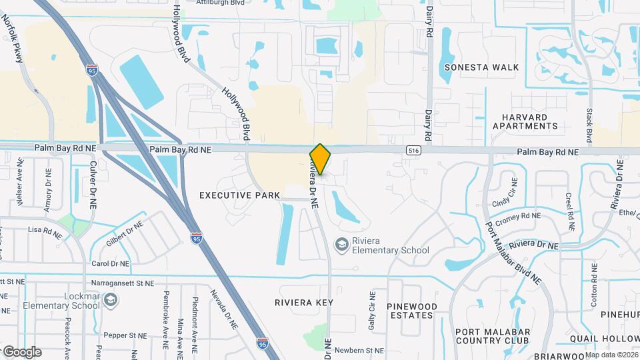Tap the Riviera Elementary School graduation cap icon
pyautogui.click(x=342, y=245)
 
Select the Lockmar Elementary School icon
pyautogui.click(x=110, y=301)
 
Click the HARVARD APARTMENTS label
pyautogui.click(x=529, y=121)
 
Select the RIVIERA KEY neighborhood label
pyautogui.click(x=303, y=302)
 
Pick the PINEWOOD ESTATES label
pyautogui.click(x=412, y=311)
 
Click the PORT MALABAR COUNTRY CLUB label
pyautogui.click(x=493, y=337)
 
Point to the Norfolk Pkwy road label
pyautogui.click(x=13, y=40)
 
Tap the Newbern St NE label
pyautogui.click(x=359, y=350)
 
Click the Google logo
pyautogui.click(x=22, y=351)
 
